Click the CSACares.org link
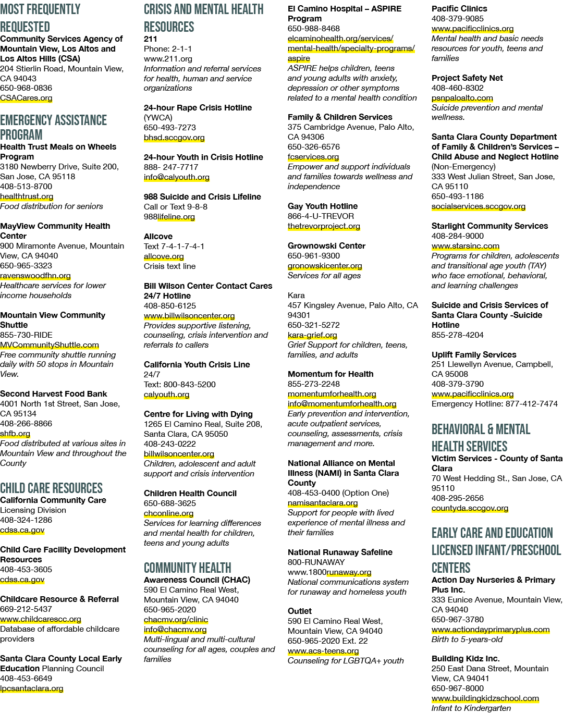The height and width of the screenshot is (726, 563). coord(26,98)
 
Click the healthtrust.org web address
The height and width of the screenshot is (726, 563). coord(27,196)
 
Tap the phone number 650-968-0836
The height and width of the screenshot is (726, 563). coord(26,88)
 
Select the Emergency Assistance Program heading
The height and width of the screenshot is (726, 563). coord(54,127)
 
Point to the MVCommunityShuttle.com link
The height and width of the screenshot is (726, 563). coord(50,345)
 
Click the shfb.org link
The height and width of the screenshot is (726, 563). coord(15,433)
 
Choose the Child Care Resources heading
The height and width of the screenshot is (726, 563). coord(51,488)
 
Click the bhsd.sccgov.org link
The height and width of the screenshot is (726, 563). coord(174,137)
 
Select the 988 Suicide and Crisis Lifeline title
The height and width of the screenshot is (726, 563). coord(202,196)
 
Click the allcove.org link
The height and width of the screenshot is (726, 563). coord(164,256)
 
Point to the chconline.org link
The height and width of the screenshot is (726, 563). coord(168,513)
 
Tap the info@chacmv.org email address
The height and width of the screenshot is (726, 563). coord(175,630)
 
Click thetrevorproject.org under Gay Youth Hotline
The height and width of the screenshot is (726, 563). coord(324,226)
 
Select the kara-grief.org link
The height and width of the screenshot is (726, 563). coord(312,335)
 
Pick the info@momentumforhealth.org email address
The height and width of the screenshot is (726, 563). coord(342,403)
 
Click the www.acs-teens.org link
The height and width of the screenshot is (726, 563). coord(323,651)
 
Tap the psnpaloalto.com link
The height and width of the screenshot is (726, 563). coord(462,98)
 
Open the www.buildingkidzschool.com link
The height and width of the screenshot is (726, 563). coord(485,698)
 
